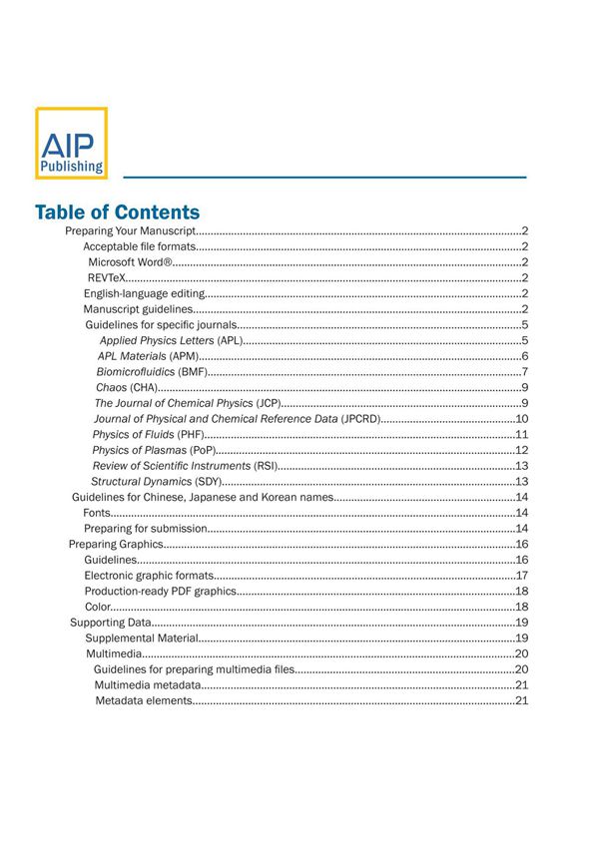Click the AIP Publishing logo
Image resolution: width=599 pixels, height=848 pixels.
coord(71,144)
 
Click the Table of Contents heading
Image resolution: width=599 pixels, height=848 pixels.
coord(117,212)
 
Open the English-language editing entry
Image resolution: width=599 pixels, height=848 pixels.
coord(144,294)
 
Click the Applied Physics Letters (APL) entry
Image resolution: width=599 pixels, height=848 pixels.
coord(171,341)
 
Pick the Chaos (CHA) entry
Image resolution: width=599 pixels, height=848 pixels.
coord(127,387)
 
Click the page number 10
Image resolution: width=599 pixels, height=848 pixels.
coord(521,419)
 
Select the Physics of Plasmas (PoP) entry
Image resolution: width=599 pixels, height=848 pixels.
coord(149,450)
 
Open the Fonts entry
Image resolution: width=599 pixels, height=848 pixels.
coord(97,513)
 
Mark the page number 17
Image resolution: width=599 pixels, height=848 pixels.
coord(521,576)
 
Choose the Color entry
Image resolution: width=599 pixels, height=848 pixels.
coord(97,607)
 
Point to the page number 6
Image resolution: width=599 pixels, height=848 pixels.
coord(524,356)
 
